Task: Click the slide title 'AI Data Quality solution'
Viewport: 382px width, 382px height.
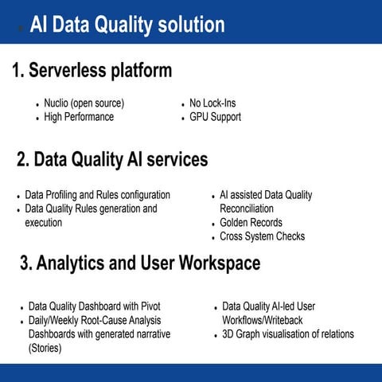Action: pos(127,25)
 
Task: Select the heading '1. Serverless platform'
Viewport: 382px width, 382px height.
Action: pos(92,71)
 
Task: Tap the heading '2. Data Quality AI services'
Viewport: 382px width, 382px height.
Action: pos(112,160)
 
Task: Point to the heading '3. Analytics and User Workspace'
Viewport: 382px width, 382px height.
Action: pos(139,263)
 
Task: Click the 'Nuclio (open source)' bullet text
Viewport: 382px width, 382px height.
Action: pos(84,103)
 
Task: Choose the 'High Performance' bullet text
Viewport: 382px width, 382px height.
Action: pos(79,117)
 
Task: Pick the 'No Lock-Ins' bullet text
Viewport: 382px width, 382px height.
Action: pos(212,103)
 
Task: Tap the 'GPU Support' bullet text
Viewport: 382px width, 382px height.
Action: pos(215,117)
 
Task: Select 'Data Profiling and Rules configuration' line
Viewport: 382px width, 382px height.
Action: pos(97,195)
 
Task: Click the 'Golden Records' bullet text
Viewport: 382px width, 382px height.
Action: pos(251,223)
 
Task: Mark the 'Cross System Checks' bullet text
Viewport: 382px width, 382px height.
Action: pos(262,236)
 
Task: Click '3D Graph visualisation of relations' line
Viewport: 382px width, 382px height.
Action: pos(288,334)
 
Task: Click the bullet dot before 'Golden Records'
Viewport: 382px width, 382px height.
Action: pos(212,224)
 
